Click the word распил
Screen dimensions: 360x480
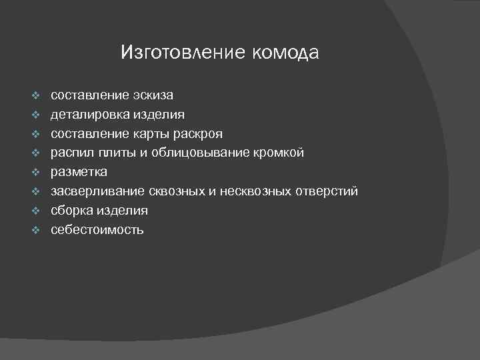(x=72, y=153)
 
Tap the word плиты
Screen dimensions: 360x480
(x=116, y=153)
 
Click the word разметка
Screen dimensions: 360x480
(x=79, y=173)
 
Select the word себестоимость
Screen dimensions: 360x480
(x=97, y=230)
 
